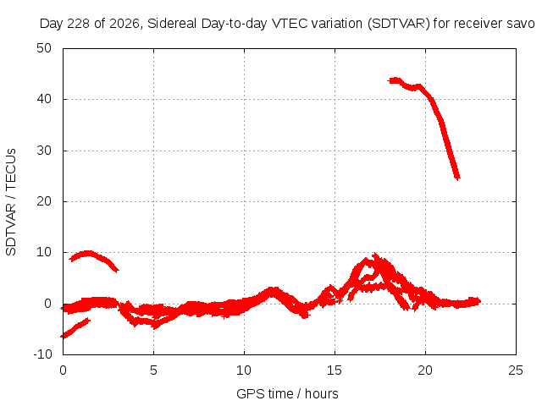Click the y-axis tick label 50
[44, 48]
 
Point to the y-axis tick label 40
[44, 99]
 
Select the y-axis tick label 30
[44, 151]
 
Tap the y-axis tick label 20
[44, 201]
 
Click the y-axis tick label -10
[42, 354]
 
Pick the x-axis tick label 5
[153, 370]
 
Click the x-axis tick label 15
[335, 370]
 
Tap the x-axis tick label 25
[516, 370]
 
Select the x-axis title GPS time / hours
[287, 394]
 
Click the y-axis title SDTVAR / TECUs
[11, 202]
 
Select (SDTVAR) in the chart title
[399, 24]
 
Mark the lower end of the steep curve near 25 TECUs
[457, 178]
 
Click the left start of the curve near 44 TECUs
[389, 81]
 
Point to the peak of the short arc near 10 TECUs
[88, 254]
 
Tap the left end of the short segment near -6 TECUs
[62, 336]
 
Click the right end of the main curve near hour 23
[479, 301]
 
